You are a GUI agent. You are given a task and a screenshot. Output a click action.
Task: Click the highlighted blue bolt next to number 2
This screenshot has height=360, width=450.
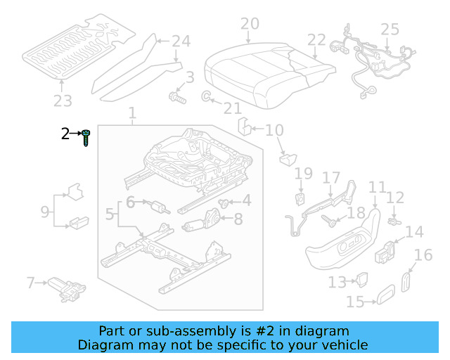86,136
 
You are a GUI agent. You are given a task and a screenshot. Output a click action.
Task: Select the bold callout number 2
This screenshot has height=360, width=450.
65,134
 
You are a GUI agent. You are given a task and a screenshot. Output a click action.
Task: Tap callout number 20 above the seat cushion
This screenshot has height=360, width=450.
250,25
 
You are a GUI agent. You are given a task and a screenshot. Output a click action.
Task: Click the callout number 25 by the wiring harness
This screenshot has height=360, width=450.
390,30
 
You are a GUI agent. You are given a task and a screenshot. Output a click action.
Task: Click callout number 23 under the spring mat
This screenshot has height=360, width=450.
63,101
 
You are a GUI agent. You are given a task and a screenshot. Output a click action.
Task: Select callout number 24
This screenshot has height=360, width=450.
181,41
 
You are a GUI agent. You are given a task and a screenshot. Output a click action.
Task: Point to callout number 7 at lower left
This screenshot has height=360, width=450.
30,283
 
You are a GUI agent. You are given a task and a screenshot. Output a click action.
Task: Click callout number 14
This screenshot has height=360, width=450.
415,231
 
